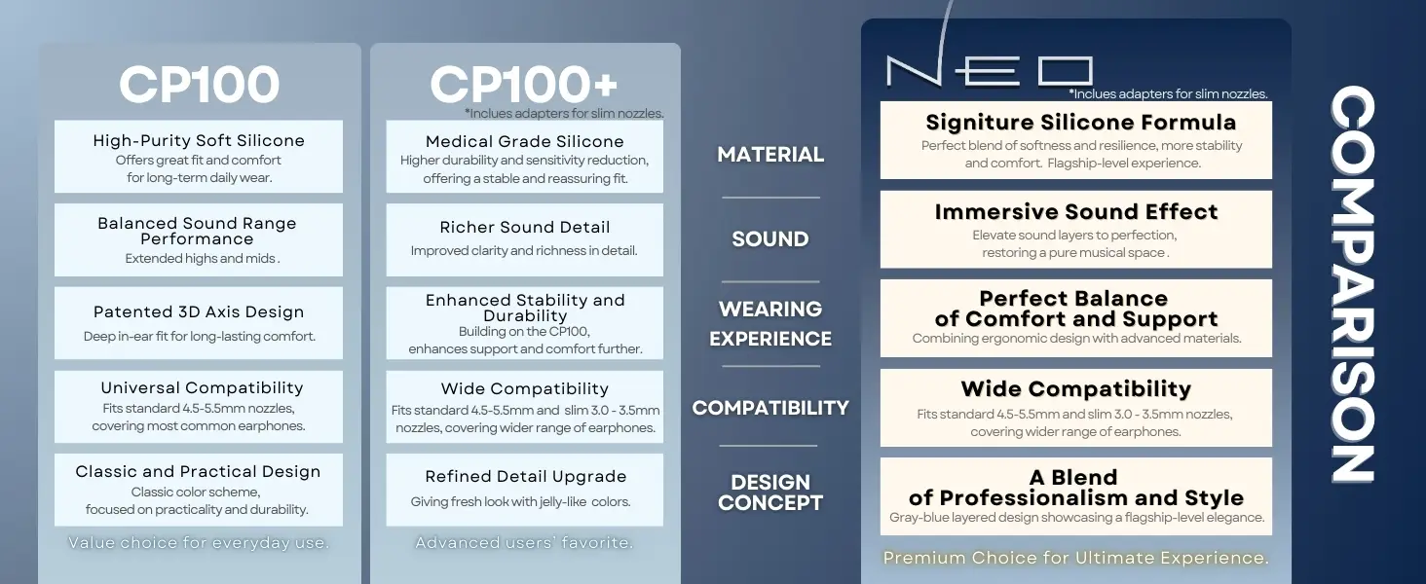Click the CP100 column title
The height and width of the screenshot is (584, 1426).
click(x=200, y=86)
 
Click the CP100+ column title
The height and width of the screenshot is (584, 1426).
click(x=524, y=86)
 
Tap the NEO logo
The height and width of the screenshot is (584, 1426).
click(x=989, y=71)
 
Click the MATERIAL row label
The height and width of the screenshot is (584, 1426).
click(x=770, y=155)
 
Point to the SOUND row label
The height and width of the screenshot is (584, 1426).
click(x=770, y=239)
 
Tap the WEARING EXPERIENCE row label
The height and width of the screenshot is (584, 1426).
click(x=770, y=324)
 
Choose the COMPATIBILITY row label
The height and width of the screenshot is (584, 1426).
click(x=770, y=408)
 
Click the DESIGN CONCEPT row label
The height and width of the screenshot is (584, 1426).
click(x=770, y=493)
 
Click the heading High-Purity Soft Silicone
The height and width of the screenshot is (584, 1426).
click(x=199, y=140)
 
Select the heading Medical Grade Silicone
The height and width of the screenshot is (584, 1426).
click(x=525, y=142)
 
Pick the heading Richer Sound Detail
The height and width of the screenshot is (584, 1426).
click(x=525, y=228)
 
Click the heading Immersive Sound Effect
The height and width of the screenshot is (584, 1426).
click(x=1075, y=212)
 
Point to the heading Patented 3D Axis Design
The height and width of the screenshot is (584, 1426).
click(x=199, y=312)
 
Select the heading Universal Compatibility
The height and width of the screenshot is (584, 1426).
click(x=202, y=388)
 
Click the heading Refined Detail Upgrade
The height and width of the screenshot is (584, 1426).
click(x=525, y=477)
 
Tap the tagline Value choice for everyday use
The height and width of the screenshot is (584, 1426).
click(x=199, y=543)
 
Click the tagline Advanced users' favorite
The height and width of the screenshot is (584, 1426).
click(x=524, y=543)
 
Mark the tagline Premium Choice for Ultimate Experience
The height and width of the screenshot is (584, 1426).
click(x=1075, y=558)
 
